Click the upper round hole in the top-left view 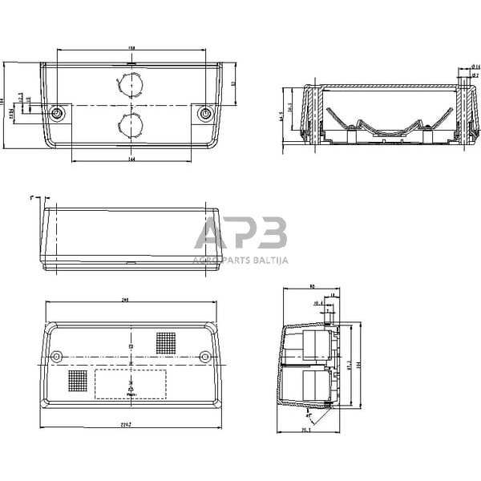pyautogui.click(x=131, y=83)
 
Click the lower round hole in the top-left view pyautogui.click(x=131, y=123)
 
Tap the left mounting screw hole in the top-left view pyautogui.click(x=57, y=113)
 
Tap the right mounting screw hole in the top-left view pyautogui.click(x=205, y=113)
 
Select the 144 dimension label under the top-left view pyautogui.click(x=131, y=160)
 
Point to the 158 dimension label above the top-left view pyautogui.click(x=131, y=48)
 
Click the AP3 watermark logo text pyautogui.click(x=240, y=234)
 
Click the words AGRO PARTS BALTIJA pyautogui.click(x=240, y=260)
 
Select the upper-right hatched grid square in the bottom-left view pyautogui.click(x=166, y=343)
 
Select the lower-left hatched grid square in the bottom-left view pyautogui.click(x=78, y=380)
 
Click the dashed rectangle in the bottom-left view pyautogui.click(x=131, y=384)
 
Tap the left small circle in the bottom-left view pyautogui.click(x=56, y=356)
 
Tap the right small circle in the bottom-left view pyautogui.click(x=205, y=356)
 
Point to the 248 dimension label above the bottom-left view pyautogui.click(x=126, y=300)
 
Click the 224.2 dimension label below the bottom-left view pyautogui.click(x=131, y=424)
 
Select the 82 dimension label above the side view pyautogui.click(x=311, y=286)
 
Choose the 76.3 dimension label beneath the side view pyautogui.click(x=306, y=430)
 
